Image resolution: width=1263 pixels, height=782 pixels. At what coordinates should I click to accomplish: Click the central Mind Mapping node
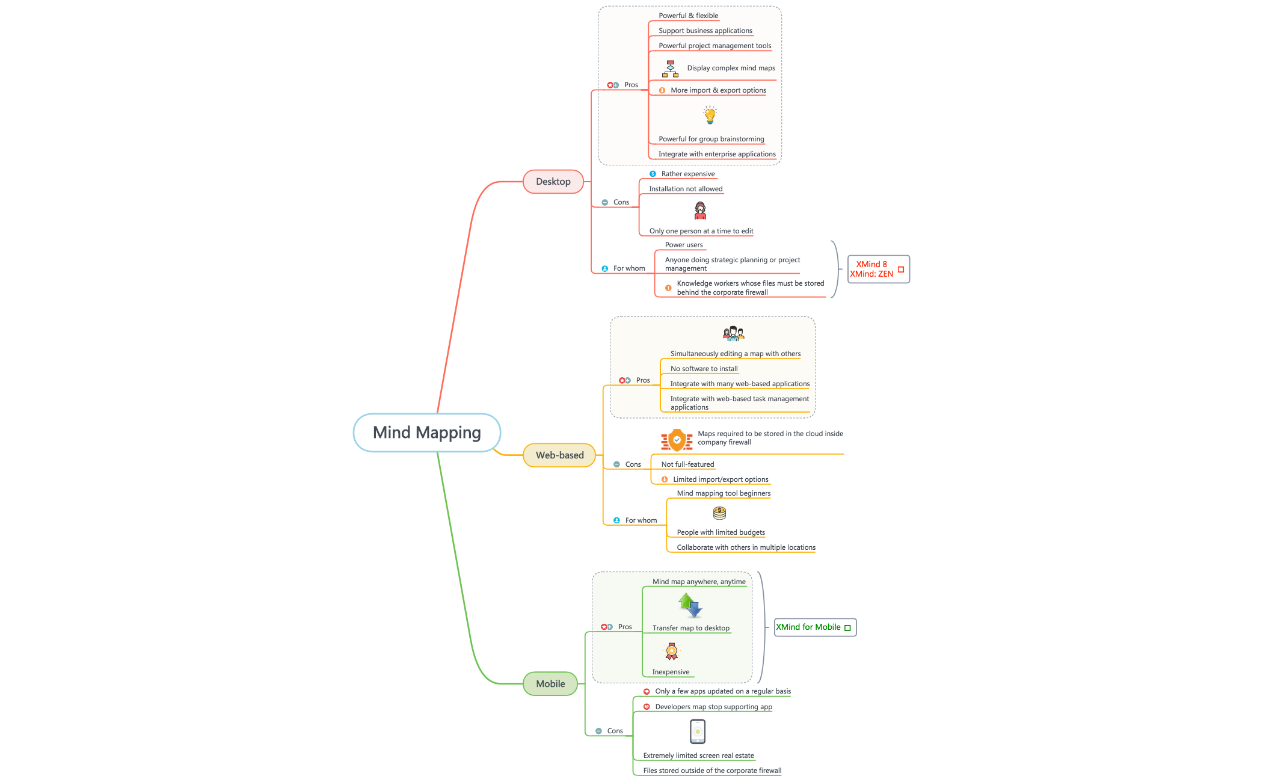(x=426, y=433)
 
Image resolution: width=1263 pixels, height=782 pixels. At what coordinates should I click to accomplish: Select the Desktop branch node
(x=553, y=182)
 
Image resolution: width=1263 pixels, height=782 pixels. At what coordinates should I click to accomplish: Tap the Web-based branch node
(x=559, y=455)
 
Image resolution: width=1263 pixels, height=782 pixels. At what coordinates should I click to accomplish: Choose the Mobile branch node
(x=550, y=684)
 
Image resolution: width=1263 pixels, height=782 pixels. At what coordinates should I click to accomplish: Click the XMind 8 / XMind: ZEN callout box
(x=878, y=269)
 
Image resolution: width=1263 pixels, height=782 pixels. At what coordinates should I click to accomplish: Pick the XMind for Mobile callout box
(x=814, y=627)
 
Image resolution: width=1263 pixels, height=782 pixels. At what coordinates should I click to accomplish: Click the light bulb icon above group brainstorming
(x=710, y=115)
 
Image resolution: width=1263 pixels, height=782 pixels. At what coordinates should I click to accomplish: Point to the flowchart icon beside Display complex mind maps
(x=670, y=69)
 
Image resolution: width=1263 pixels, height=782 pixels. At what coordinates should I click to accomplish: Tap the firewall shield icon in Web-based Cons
(x=677, y=440)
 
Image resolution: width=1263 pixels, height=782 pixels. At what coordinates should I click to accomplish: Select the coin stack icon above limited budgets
(x=719, y=513)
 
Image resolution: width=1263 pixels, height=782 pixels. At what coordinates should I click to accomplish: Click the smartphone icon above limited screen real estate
(x=698, y=731)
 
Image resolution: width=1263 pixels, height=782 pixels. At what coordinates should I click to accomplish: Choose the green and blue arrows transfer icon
(x=690, y=605)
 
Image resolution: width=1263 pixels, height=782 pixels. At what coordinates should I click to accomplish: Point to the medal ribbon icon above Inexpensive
(x=672, y=651)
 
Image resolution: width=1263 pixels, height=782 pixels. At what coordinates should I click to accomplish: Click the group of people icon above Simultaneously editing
(x=734, y=334)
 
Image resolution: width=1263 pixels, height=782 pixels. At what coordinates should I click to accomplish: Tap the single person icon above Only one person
(x=700, y=211)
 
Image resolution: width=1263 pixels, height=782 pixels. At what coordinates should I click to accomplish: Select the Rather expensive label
(x=688, y=174)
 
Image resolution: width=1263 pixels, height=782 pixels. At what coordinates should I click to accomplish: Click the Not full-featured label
(x=687, y=464)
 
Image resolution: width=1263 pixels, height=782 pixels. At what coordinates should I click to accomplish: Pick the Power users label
(x=684, y=245)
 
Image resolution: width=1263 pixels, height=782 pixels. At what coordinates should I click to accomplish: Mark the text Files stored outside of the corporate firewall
(x=712, y=771)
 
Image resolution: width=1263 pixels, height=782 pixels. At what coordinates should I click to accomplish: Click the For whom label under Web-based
(x=641, y=520)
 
